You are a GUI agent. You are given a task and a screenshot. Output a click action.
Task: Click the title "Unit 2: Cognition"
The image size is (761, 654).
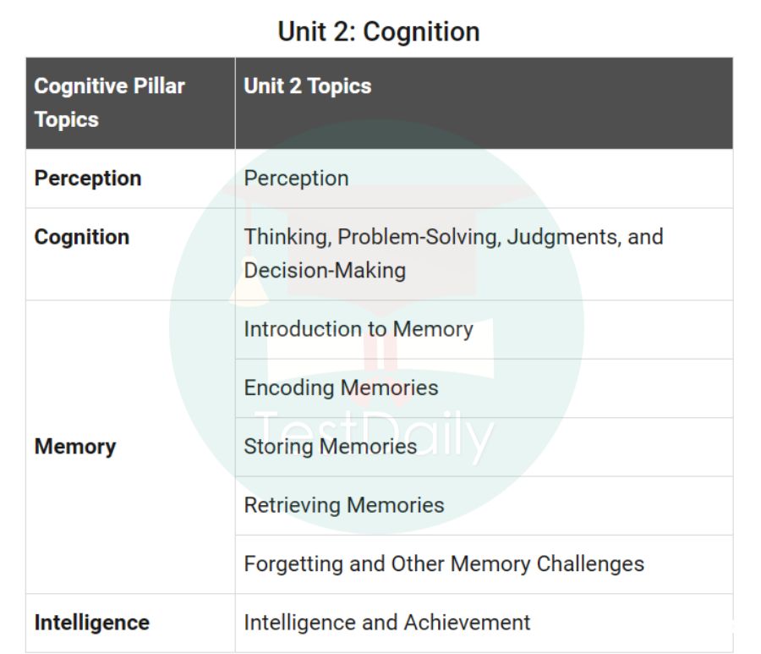click(x=379, y=32)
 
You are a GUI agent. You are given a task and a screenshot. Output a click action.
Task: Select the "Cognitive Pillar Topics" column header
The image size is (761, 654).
click(x=109, y=102)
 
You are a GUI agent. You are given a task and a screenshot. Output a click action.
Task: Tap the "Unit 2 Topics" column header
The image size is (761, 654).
click(x=307, y=85)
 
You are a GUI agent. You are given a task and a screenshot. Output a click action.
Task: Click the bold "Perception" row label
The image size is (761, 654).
click(x=88, y=179)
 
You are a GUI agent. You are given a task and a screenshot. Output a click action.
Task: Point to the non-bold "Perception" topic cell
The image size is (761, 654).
click(x=296, y=179)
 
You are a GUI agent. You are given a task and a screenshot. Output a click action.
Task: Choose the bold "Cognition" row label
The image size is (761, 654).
click(x=82, y=237)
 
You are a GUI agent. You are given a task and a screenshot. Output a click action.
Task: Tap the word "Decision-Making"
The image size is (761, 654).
click(x=325, y=271)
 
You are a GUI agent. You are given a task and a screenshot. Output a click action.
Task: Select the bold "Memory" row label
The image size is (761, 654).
click(x=75, y=447)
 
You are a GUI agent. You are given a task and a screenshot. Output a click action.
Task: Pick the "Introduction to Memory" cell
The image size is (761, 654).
click(x=359, y=329)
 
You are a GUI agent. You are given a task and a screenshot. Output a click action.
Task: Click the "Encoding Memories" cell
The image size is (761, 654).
click(x=341, y=387)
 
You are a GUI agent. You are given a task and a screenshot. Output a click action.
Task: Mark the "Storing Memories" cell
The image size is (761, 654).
click(x=330, y=446)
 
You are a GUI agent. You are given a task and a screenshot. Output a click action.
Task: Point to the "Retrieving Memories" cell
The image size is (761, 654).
click(x=343, y=505)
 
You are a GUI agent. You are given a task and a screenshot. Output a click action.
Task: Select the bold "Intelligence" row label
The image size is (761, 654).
click(x=91, y=623)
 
